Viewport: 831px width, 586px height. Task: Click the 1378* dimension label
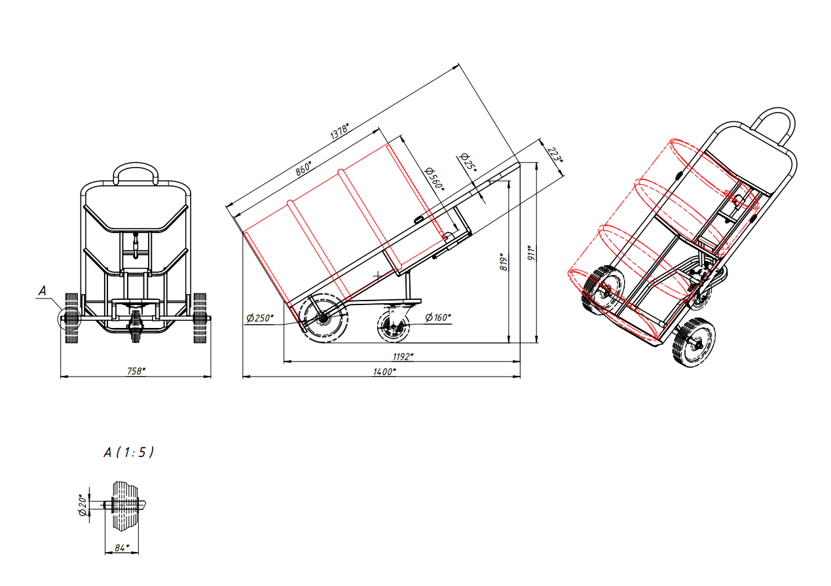tap(339, 131)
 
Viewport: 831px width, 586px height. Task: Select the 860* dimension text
tap(303, 168)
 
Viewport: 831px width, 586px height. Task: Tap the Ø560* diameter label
tap(434, 179)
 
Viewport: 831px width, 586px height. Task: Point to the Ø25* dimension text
tap(468, 162)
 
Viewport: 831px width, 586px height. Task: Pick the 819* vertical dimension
tap(504, 262)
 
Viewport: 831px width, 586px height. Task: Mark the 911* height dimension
tap(532, 253)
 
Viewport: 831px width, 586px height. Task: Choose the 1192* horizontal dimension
tap(403, 356)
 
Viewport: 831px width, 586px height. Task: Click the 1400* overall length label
tap(384, 372)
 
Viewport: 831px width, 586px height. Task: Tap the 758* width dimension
tap(136, 371)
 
